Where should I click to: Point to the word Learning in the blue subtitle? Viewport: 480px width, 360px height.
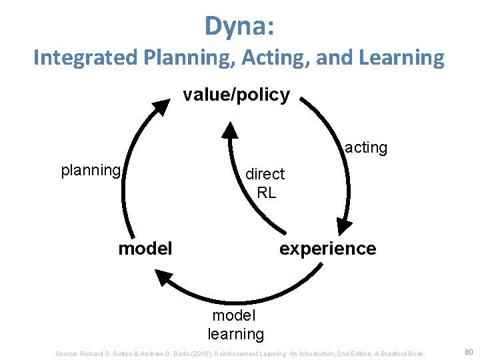[401, 58]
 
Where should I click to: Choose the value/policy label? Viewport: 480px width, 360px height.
[237, 95]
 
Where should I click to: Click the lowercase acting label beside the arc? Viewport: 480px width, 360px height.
[366, 147]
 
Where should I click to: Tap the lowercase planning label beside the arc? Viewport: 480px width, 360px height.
[91, 170]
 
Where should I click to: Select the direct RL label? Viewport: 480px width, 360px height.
[265, 183]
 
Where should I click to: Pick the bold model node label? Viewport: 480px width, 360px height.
[145, 249]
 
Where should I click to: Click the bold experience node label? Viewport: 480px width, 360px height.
[327, 249]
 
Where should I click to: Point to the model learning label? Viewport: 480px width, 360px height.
[235, 324]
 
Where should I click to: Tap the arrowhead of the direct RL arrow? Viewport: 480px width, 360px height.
[229, 129]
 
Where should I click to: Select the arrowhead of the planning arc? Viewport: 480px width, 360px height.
[162, 107]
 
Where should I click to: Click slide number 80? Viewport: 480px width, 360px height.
[468, 351]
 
